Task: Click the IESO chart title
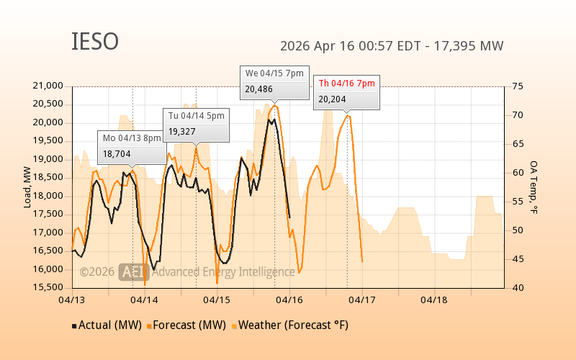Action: point(95,42)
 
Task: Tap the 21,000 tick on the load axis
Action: point(49,86)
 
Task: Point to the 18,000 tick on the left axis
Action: point(49,196)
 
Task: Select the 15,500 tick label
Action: point(49,287)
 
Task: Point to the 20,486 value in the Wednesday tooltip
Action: point(259,89)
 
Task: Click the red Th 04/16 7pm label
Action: point(346,84)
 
